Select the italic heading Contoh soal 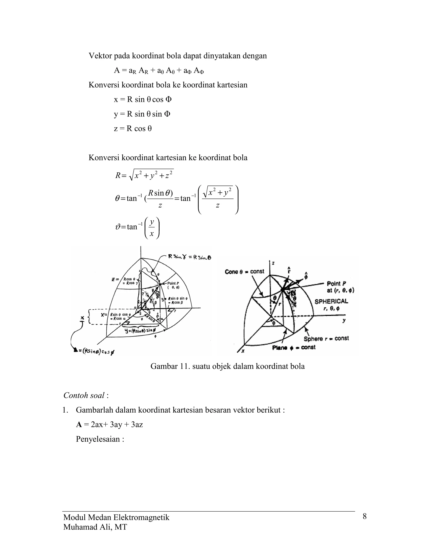tap(84, 395)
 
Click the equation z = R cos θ tap(133, 129)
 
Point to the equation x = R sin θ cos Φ tap(143, 99)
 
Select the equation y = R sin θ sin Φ tap(142, 114)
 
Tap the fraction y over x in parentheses tap(152, 228)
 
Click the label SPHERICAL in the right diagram tap(331, 301)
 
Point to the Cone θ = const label tap(245, 272)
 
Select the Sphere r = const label tap(326, 339)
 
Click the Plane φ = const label tap(294, 347)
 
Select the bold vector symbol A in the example tap(79, 425)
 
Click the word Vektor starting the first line tap(100, 56)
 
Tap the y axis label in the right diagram tap(344, 320)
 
